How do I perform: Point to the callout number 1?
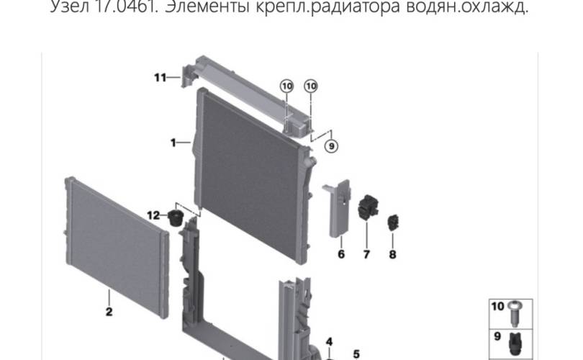pos(173,143)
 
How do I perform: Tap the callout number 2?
pos(109,312)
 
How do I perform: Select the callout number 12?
pos(153,215)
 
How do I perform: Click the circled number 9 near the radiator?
pos(331,146)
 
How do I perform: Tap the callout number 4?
pos(329,341)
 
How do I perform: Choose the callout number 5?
pos(356,353)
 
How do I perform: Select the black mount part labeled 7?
pos(368,208)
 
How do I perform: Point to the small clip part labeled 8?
pos(393,223)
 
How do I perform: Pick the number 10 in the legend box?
pos(497,307)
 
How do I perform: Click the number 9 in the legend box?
pos(497,336)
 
